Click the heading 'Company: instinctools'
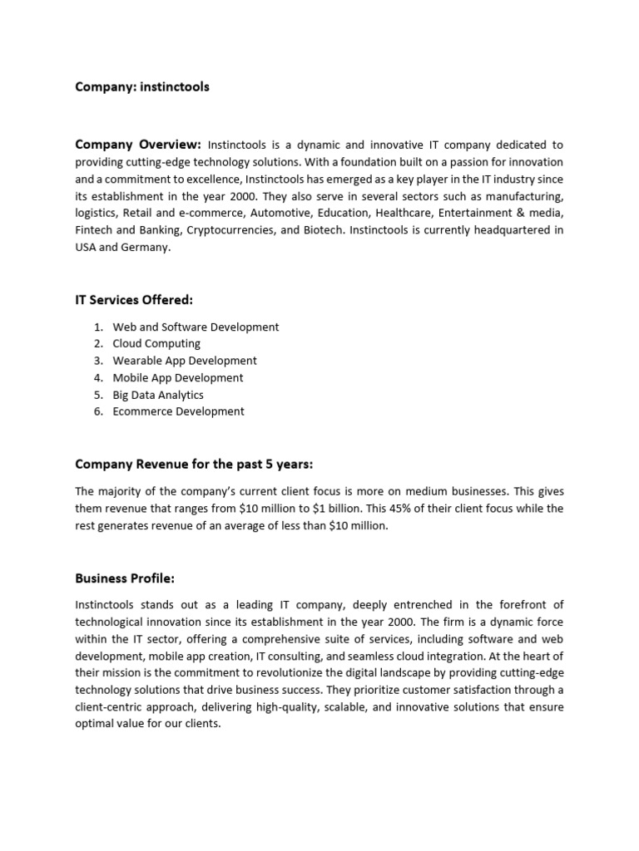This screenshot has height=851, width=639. pyautogui.click(x=142, y=86)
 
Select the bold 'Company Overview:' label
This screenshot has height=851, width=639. pyautogui.click(x=138, y=144)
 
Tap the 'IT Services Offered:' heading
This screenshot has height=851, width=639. pyautogui.click(x=134, y=299)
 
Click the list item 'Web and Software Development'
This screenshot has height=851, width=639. pyautogui.click(x=196, y=327)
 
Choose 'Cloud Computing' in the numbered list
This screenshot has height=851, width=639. pyautogui.click(x=156, y=343)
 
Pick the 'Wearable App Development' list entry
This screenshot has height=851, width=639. pyautogui.click(x=185, y=361)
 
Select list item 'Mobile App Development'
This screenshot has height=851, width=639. pyautogui.click(x=178, y=377)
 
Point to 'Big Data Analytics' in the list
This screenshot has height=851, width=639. pyautogui.click(x=158, y=395)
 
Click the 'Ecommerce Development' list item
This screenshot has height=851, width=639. pyautogui.click(x=178, y=411)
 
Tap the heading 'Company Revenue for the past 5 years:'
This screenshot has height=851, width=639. pyautogui.click(x=194, y=464)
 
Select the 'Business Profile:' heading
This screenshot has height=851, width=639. pyautogui.click(x=125, y=578)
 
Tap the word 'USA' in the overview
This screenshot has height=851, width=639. pyautogui.click(x=87, y=248)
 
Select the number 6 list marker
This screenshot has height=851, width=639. pyautogui.click(x=97, y=411)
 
